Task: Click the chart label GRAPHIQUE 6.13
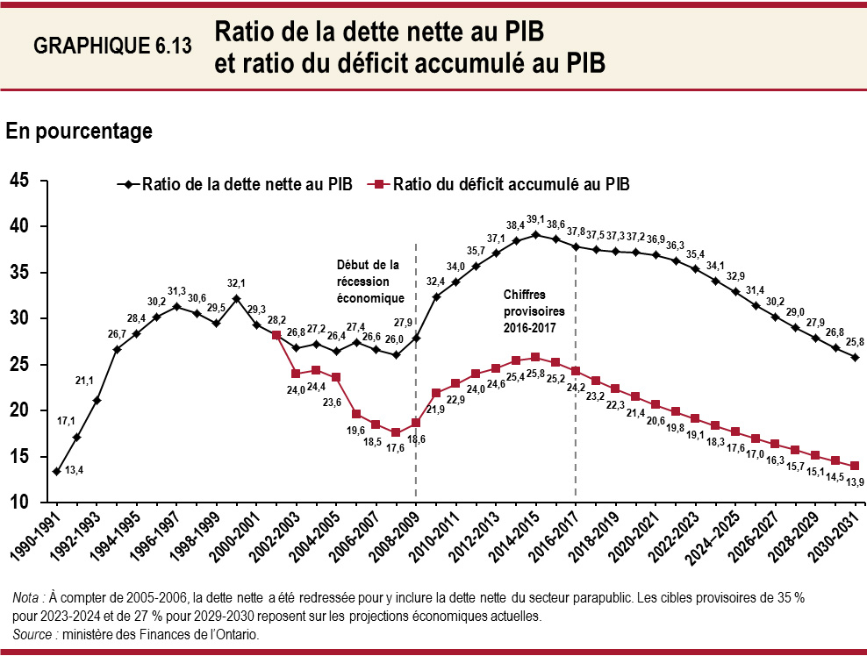(x=112, y=47)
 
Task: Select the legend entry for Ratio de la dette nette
(x=235, y=184)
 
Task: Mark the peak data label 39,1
(x=535, y=219)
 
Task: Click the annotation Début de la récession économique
(x=368, y=281)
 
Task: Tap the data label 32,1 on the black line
(x=236, y=283)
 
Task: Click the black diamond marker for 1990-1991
(x=56, y=472)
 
